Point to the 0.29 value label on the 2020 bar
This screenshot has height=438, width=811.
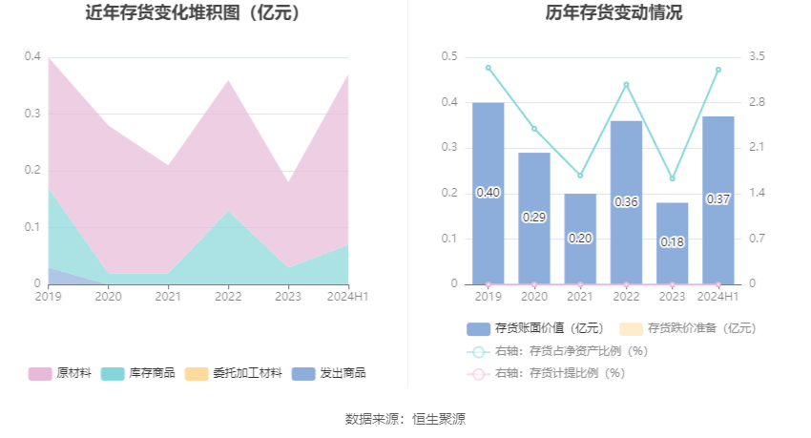point(534,218)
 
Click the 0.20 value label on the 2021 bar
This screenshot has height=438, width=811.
point(580,238)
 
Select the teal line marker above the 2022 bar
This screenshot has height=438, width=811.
point(626,85)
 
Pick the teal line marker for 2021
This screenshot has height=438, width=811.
point(580,176)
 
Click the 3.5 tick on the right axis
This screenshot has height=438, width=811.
point(756,57)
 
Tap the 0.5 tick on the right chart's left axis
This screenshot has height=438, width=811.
point(448,57)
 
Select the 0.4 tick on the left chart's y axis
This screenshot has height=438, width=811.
point(32,57)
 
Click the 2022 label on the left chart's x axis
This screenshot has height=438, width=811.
point(227,297)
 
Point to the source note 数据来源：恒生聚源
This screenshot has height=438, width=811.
point(405,419)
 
